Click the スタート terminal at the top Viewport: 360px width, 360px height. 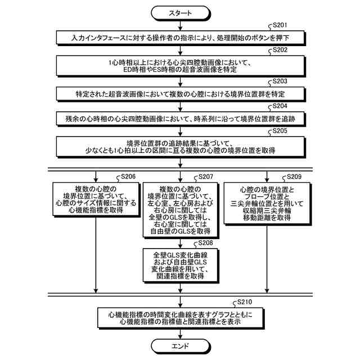(180, 13)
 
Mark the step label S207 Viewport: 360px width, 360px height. (208, 177)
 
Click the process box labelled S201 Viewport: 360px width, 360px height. (180, 38)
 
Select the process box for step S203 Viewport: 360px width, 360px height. (180, 93)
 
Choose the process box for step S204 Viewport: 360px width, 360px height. (180, 118)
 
